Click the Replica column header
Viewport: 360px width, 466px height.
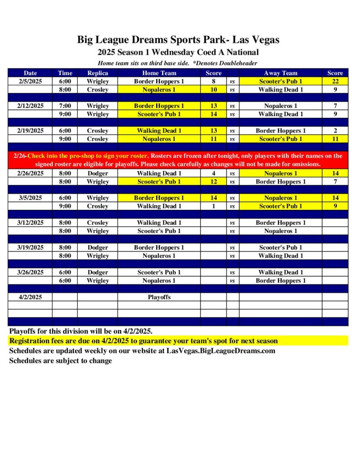97,73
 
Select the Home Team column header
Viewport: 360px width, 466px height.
159,73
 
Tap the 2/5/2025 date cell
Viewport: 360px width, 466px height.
30,81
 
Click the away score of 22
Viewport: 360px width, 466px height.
335,81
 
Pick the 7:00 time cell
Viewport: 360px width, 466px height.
65,106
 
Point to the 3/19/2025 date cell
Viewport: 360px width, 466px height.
30,248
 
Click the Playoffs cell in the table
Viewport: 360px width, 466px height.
159,297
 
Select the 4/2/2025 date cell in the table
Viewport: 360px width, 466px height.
30,297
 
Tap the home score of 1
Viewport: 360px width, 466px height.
213,206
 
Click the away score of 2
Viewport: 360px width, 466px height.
335,131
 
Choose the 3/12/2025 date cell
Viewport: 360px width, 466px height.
30,223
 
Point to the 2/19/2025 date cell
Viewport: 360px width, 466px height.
30,131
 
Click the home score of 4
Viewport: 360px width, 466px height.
213,173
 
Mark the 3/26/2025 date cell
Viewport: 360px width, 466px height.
30,272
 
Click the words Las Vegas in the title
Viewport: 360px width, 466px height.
256,40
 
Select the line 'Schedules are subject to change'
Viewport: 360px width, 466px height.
61,361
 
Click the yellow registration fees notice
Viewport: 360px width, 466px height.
143,341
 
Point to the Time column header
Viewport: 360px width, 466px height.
65,73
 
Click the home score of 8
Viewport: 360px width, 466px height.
213,81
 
